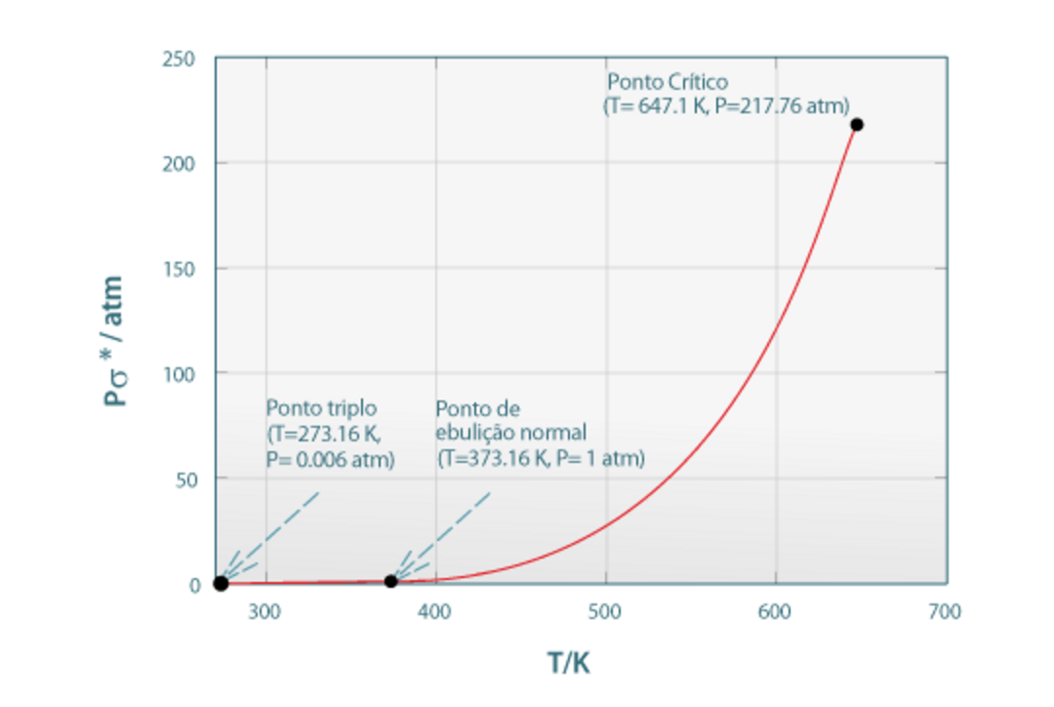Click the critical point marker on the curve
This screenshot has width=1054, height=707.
click(x=856, y=124)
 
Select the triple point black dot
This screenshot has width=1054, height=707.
click(x=221, y=583)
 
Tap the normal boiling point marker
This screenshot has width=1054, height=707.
click(x=390, y=581)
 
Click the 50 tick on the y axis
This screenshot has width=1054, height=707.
click(x=188, y=478)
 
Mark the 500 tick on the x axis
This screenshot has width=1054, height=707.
click(x=605, y=612)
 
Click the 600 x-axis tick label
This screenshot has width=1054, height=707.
click(x=775, y=612)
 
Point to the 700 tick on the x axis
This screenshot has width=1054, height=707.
click(x=945, y=612)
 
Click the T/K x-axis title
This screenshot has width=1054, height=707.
click(x=568, y=664)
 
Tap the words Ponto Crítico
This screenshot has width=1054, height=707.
click(x=668, y=81)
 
